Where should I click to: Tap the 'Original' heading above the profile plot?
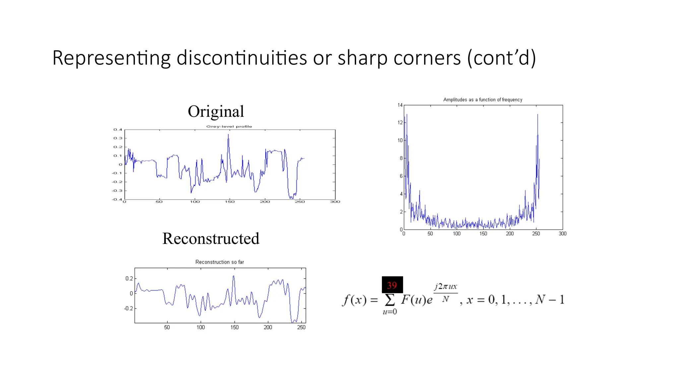point(216,111)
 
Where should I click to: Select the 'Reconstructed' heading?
point(211,238)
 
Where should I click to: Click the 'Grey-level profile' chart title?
point(229,126)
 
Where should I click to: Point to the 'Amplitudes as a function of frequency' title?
point(483,99)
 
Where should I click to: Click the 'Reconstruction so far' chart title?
point(219,262)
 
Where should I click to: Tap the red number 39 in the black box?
point(392,285)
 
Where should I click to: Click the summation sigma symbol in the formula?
point(390,300)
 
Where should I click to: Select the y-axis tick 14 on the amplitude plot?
point(400,105)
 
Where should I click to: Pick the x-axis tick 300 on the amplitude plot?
point(562,234)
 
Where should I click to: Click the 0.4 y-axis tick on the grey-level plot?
point(118,130)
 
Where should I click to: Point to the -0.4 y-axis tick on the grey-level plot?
point(117,199)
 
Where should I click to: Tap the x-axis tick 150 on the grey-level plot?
point(229,202)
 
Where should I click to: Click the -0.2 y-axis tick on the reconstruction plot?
point(129,308)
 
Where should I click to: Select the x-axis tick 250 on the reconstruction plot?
point(301,327)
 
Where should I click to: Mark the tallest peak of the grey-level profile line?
point(228,135)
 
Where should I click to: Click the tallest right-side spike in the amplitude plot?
point(537,115)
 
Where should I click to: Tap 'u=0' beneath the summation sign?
point(390,312)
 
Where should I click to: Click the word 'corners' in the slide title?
point(424,58)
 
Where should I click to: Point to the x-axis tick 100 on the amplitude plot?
point(457,234)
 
